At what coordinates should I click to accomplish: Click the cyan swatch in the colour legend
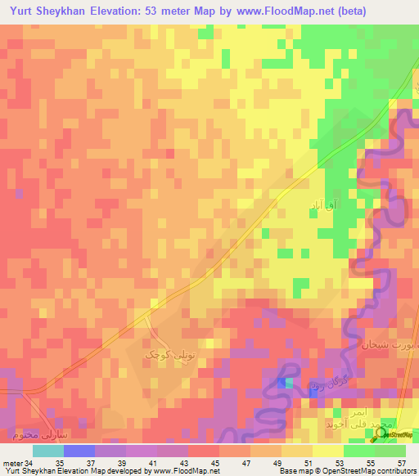(x=48, y=451)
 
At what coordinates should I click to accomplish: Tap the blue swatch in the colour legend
(x=79, y=451)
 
